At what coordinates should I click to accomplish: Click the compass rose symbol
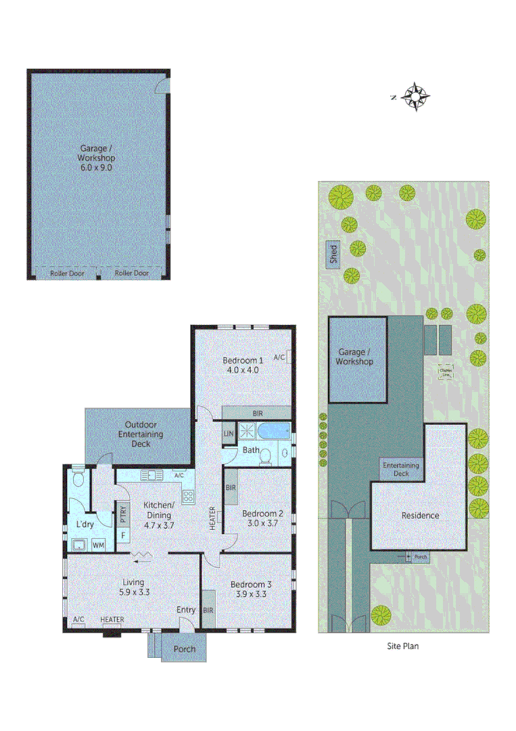414,97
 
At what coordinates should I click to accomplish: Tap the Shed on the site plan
333,254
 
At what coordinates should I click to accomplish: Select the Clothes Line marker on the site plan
446,372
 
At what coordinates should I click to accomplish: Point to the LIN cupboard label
229,434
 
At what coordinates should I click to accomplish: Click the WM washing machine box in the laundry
98,544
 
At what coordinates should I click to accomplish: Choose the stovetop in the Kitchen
188,496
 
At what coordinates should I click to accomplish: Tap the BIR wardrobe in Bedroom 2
231,487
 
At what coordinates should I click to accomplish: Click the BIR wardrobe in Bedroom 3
208,609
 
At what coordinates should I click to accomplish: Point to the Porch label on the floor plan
185,649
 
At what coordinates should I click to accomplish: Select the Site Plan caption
402,646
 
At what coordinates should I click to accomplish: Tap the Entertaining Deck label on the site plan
400,469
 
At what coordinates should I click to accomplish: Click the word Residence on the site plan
420,515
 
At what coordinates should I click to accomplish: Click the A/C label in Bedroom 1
281,357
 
